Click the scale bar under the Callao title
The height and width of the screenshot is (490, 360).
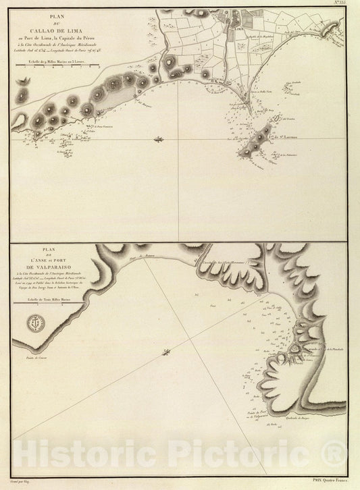(55, 65)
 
